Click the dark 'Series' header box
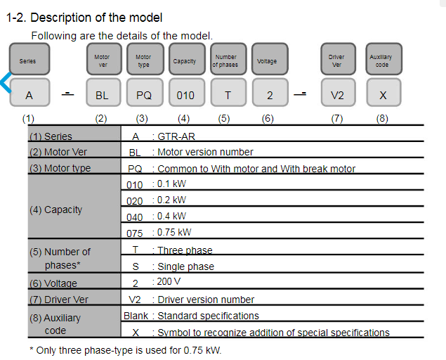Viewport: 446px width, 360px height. (x=29, y=59)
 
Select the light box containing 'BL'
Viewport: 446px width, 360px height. (x=103, y=93)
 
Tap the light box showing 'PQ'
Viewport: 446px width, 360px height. (x=145, y=93)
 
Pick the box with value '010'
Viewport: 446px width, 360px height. (x=187, y=93)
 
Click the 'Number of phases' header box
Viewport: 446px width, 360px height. (x=228, y=59)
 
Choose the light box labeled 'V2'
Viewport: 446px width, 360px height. (x=339, y=93)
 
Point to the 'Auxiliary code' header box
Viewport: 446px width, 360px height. (x=383, y=59)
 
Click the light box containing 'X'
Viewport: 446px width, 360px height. (x=383, y=93)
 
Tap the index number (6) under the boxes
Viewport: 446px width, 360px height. (x=268, y=119)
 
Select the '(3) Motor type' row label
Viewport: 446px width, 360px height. (x=60, y=168)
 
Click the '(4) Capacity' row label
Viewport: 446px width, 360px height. (x=55, y=210)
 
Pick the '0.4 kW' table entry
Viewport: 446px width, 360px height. (x=171, y=216)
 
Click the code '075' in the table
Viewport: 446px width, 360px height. (x=135, y=233)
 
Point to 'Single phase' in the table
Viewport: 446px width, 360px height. (x=185, y=266)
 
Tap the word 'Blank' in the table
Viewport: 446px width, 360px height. (x=136, y=316)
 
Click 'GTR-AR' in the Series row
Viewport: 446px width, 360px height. (x=176, y=136)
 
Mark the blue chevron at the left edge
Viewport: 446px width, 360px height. (x=6, y=82)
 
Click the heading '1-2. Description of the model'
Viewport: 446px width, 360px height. (x=84, y=18)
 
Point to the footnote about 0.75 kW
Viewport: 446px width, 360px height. (x=126, y=350)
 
